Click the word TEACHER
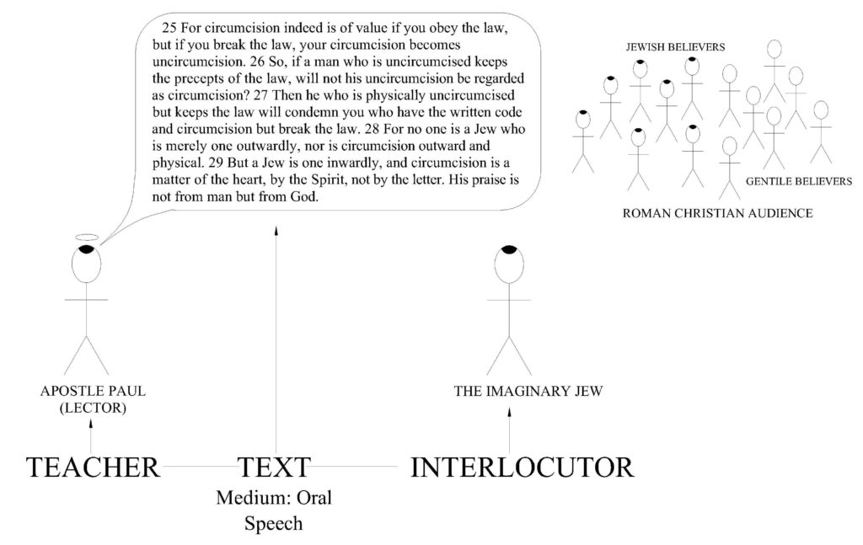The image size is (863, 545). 93,468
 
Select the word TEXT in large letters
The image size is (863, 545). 274,468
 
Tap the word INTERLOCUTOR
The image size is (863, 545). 523,468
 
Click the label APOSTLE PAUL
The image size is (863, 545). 93,391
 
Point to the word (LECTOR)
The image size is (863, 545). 93,408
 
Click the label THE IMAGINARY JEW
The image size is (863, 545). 528,391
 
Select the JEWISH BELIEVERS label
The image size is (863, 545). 675,47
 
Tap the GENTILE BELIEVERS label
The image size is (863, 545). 799,181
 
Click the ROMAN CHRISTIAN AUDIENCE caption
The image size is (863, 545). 718,213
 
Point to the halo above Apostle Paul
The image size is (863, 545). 87,234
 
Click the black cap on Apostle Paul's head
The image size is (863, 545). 87,249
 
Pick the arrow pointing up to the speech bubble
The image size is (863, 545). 276,339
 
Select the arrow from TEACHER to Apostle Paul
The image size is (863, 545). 91,436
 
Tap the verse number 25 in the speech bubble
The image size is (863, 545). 169,28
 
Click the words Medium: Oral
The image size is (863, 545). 274,498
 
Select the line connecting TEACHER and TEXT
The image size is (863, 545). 199,467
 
